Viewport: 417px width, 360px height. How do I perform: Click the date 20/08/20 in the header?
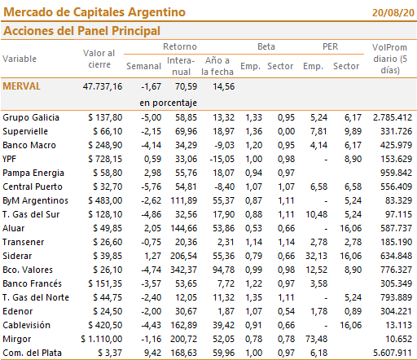point(393,13)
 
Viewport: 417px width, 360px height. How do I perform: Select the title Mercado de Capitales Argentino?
point(94,12)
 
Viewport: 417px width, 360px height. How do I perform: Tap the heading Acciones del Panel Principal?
point(81,31)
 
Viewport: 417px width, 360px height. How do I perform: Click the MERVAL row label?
point(21,86)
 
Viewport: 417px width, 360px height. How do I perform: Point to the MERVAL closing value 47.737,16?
point(103,86)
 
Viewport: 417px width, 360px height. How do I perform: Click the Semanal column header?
point(143,66)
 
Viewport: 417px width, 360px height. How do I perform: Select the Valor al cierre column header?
point(99,59)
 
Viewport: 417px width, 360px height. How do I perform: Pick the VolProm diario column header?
point(390,59)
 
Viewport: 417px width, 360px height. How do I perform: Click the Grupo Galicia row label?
point(31,117)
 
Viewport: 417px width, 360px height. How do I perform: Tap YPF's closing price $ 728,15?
point(105,159)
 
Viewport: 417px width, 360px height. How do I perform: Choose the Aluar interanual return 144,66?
point(184,228)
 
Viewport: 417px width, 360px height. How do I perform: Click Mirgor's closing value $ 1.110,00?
point(102,339)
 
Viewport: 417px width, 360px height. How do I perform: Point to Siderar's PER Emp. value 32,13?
point(316,256)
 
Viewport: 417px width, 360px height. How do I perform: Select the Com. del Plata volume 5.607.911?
point(393,353)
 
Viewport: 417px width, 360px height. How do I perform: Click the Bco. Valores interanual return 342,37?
point(184,270)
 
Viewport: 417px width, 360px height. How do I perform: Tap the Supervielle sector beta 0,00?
point(286,131)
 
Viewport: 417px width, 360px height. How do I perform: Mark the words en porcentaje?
point(169,103)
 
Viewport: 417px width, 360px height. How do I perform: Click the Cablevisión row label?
point(27,325)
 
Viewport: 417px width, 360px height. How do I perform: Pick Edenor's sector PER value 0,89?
point(353,311)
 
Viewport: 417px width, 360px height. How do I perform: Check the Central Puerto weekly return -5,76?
point(151,187)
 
